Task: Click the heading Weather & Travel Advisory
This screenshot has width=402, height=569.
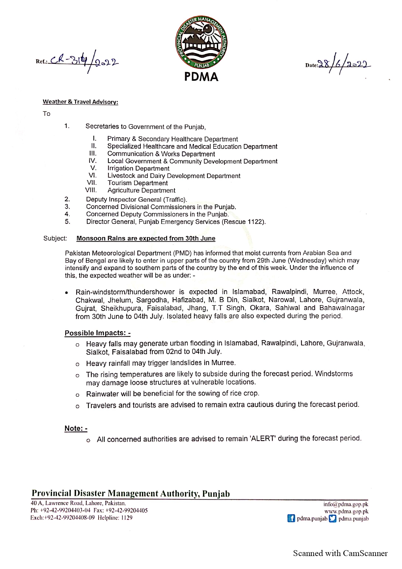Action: [80, 102]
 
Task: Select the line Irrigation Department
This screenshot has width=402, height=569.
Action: [138, 169]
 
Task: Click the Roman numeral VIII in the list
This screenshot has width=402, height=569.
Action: [91, 190]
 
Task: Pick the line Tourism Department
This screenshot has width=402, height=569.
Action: [137, 183]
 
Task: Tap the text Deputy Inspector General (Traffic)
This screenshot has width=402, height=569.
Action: [136, 200]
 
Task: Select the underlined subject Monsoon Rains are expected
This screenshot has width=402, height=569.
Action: [146, 239]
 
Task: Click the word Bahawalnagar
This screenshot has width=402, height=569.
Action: [342, 308]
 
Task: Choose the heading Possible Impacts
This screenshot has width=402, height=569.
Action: [97, 333]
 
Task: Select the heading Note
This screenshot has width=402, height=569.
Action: [76, 429]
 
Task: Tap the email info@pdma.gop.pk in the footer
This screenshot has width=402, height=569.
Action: [346, 504]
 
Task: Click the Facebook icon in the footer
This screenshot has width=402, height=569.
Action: [291, 519]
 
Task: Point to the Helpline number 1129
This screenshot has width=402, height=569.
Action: [127, 518]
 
